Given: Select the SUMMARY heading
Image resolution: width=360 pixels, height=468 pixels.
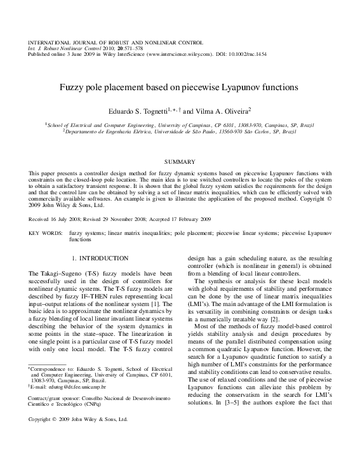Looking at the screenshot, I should [x=180, y=163].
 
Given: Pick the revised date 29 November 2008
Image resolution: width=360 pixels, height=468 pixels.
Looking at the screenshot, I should [x=132, y=218].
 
